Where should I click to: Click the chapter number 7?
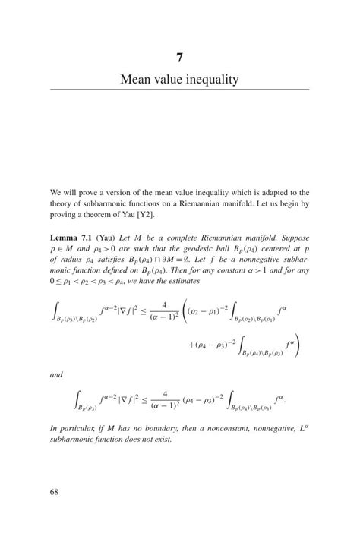(179, 57)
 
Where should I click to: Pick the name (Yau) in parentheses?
(107, 237)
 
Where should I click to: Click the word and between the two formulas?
(57, 374)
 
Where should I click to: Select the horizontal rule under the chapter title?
(179, 90)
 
